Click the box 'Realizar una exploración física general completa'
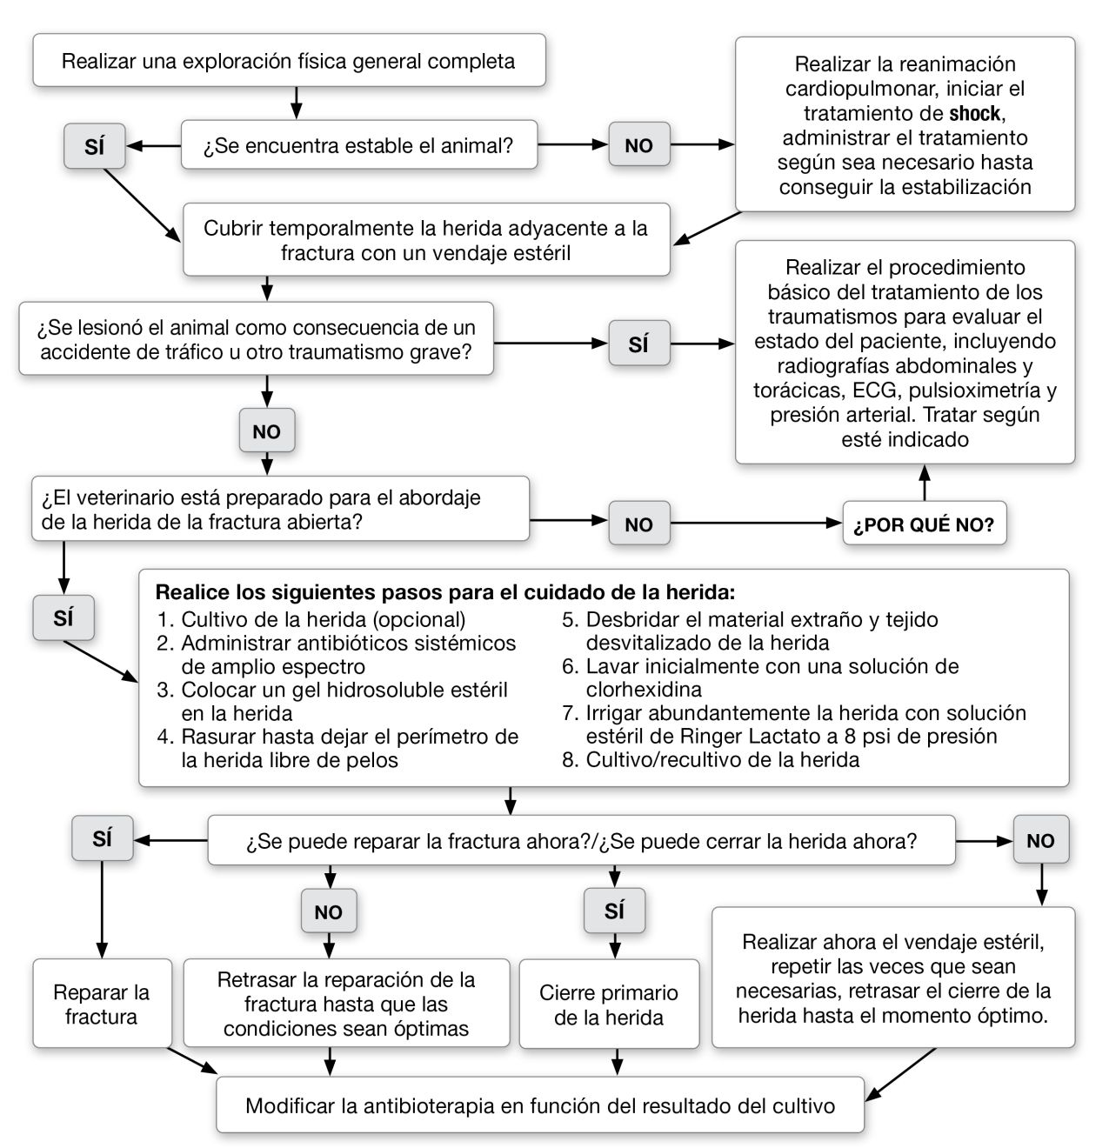click(289, 61)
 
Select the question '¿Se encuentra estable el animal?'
click(358, 145)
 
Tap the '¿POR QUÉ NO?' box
click(924, 524)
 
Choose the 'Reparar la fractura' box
click(101, 1004)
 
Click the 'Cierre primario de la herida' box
click(609, 1004)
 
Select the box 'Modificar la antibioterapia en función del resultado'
click(539, 1105)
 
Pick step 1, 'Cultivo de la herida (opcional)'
click(322, 620)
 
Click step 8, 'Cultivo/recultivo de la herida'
click(722, 759)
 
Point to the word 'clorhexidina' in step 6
click(644, 690)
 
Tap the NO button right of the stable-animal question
click(638, 145)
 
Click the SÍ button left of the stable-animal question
click(94, 147)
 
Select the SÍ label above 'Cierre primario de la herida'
click(614, 911)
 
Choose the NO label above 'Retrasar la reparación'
click(328, 912)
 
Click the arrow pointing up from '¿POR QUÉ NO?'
click(924, 483)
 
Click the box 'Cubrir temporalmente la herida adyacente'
click(426, 240)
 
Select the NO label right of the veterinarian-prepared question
click(638, 524)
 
